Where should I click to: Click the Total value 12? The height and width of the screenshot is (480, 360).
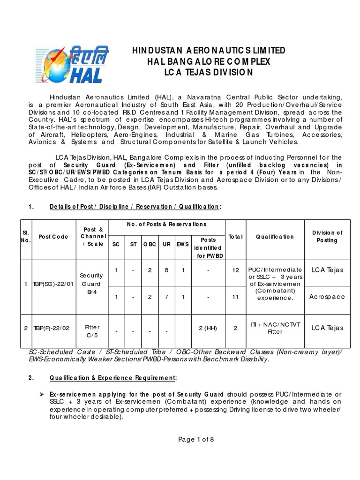[236, 270]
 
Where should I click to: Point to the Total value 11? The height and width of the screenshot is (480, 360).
[236, 297]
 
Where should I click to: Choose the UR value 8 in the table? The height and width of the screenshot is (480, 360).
[166, 270]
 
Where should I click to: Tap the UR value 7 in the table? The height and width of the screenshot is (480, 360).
[166, 297]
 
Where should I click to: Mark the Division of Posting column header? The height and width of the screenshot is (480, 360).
[328, 236]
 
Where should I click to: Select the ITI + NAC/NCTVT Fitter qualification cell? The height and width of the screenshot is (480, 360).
[275, 328]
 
